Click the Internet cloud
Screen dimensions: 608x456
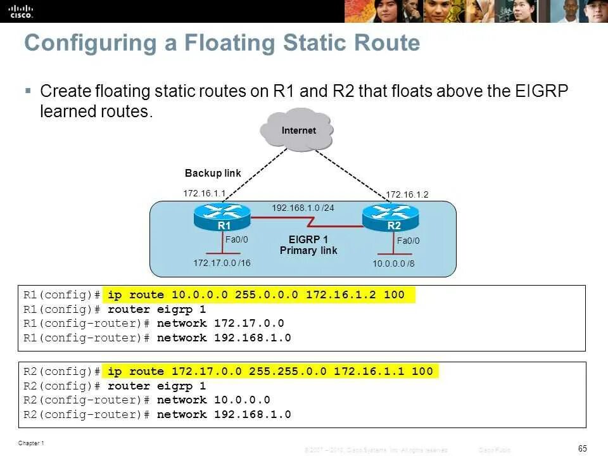298,131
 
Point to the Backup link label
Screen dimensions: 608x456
213,173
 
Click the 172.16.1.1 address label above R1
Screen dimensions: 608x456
205,193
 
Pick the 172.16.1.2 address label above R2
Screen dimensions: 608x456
407,194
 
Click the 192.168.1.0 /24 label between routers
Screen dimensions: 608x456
303,207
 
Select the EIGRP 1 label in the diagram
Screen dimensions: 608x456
308,239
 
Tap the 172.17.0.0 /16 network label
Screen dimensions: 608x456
222,263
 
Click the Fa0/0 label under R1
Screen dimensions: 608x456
237,239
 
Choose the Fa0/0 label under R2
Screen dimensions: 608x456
408,241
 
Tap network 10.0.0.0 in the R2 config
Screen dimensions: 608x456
213,400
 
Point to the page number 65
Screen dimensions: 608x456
583,449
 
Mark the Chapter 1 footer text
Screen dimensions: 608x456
32,443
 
